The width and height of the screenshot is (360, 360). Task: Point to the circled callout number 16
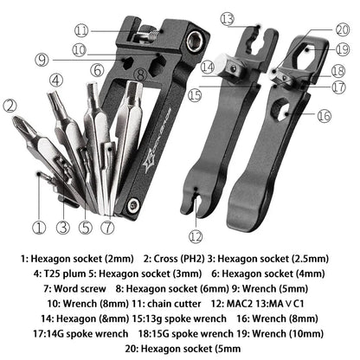323,115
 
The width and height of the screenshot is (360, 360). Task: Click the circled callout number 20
340,29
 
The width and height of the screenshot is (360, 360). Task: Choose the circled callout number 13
228,18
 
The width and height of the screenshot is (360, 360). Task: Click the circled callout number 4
56,80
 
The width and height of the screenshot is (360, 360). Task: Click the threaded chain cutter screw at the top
151,35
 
